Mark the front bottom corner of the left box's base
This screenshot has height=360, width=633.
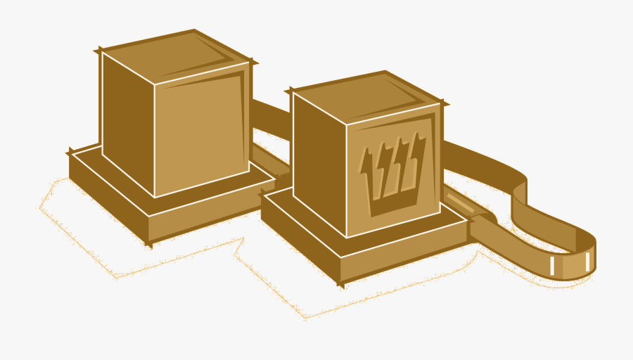pos(149,243)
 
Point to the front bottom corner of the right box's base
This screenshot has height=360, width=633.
pos(341,283)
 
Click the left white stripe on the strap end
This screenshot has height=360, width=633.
pos(554,266)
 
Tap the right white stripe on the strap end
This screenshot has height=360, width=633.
pos(587,262)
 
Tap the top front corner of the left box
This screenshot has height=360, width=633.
pos(154,85)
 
